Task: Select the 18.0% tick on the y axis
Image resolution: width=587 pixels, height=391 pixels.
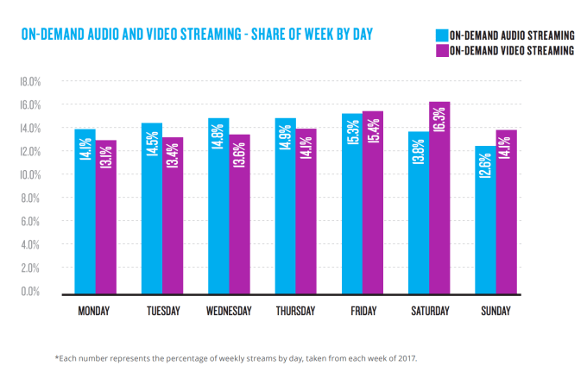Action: pos(30,82)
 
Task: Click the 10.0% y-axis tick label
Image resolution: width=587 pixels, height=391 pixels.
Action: pos(30,175)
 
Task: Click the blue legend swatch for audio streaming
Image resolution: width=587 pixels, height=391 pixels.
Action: pos(440,35)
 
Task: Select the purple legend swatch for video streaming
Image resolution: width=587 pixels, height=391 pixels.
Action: pos(440,51)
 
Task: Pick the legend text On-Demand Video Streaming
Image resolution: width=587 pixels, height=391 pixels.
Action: pos(511,51)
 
